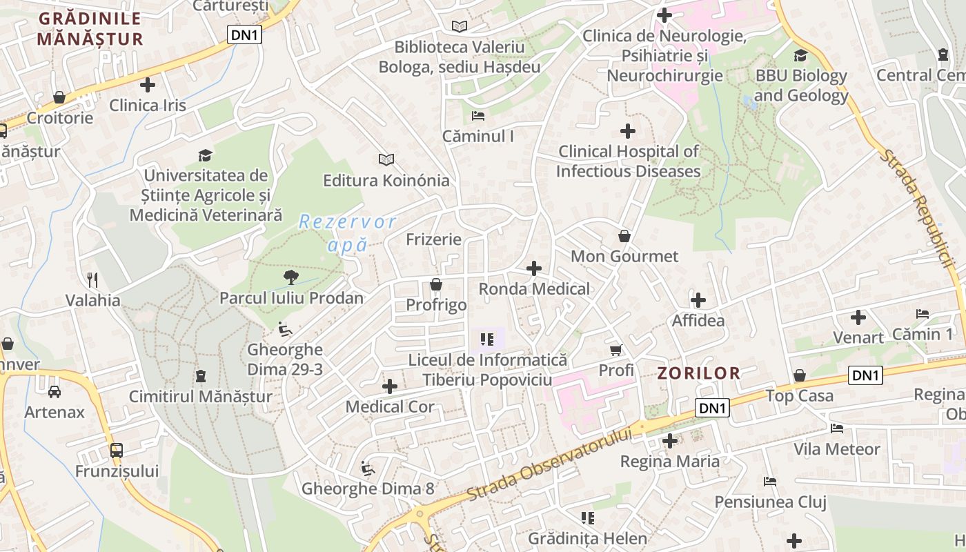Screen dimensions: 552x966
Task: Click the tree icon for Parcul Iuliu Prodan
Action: (291, 277)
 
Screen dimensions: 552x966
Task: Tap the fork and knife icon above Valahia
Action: (92, 279)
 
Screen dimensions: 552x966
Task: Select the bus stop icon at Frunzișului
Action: (117, 451)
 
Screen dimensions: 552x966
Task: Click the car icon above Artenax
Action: (55, 391)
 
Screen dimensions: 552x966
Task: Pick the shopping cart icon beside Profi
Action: (616, 350)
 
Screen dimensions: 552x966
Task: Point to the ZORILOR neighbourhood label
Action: (698, 373)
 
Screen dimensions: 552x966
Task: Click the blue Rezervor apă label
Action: (348, 233)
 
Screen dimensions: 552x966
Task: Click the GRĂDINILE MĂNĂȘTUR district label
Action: (90, 28)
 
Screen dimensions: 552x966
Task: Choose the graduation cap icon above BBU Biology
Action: (800, 55)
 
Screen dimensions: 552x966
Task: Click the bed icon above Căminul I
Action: (478, 115)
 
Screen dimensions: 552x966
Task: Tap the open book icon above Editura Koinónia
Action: (386, 160)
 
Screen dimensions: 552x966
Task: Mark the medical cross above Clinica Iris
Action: (148, 85)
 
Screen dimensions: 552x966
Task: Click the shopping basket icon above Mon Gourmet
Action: (624, 236)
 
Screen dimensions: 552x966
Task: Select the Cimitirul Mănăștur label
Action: (200, 397)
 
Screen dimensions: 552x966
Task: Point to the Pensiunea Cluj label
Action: (770, 502)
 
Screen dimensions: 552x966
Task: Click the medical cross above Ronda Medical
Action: (534, 268)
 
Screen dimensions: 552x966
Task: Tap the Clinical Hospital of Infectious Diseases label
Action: (628, 161)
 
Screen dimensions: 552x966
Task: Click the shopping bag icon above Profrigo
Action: (436, 284)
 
